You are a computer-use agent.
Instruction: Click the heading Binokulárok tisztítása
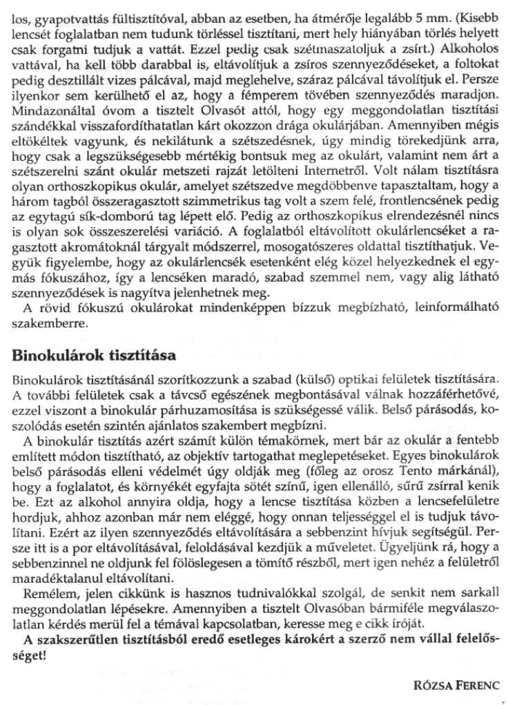94,357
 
